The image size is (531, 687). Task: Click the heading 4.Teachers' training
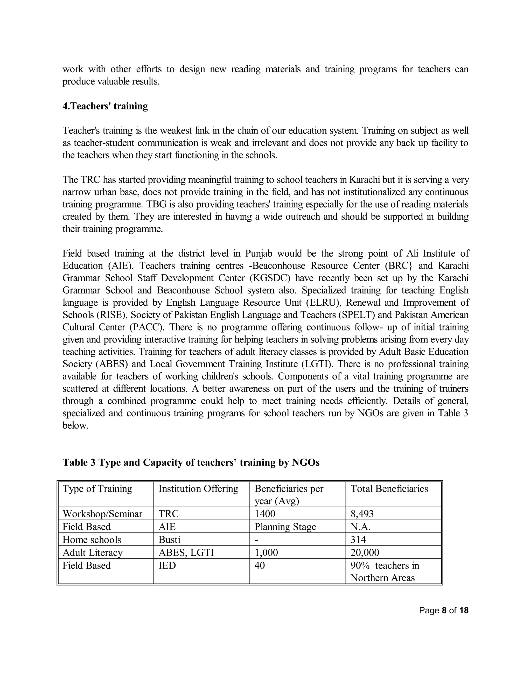click(105, 106)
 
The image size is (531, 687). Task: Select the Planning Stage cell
click(285, 527)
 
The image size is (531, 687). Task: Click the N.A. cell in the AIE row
click(360, 527)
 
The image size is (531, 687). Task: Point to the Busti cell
click(169, 539)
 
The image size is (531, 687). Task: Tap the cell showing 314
click(358, 539)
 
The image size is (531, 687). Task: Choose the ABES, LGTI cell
click(186, 552)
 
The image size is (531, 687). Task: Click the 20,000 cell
click(365, 552)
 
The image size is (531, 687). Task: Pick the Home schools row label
click(92, 539)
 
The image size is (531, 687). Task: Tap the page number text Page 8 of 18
click(444, 611)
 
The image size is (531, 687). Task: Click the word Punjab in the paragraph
click(258, 254)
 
